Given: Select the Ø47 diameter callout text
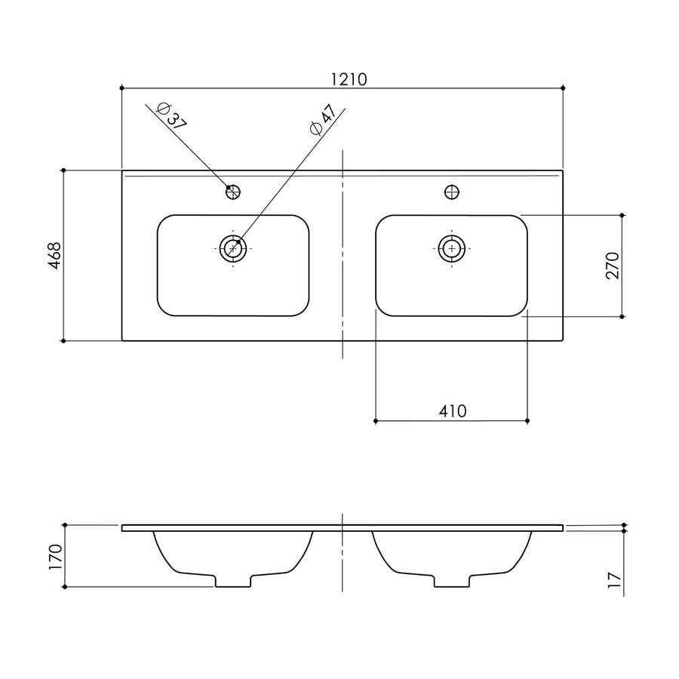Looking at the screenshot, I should tap(322, 121).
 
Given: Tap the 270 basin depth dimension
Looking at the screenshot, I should tap(612, 266).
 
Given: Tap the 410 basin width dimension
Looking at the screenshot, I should tap(452, 410).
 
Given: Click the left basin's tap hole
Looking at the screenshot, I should tap(233, 192).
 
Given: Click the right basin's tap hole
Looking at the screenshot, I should tap(452, 192).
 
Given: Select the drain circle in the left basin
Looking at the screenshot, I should tap(233, 247).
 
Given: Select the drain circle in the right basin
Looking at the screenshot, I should tap(452, 247).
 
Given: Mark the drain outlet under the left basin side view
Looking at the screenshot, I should tap(233, 581).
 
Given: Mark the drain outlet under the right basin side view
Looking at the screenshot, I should tap(452, 581).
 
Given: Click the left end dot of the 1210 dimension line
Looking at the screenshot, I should tap(121, 88).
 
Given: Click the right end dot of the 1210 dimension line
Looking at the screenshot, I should tap(563, 88).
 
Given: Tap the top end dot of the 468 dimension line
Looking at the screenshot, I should tap(64, 170).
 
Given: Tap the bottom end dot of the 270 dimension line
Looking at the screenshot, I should tap(622, 318).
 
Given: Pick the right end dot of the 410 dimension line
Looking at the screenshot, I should tap(527, 419).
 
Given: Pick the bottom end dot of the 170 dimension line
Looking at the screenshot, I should tap(66, 586).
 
